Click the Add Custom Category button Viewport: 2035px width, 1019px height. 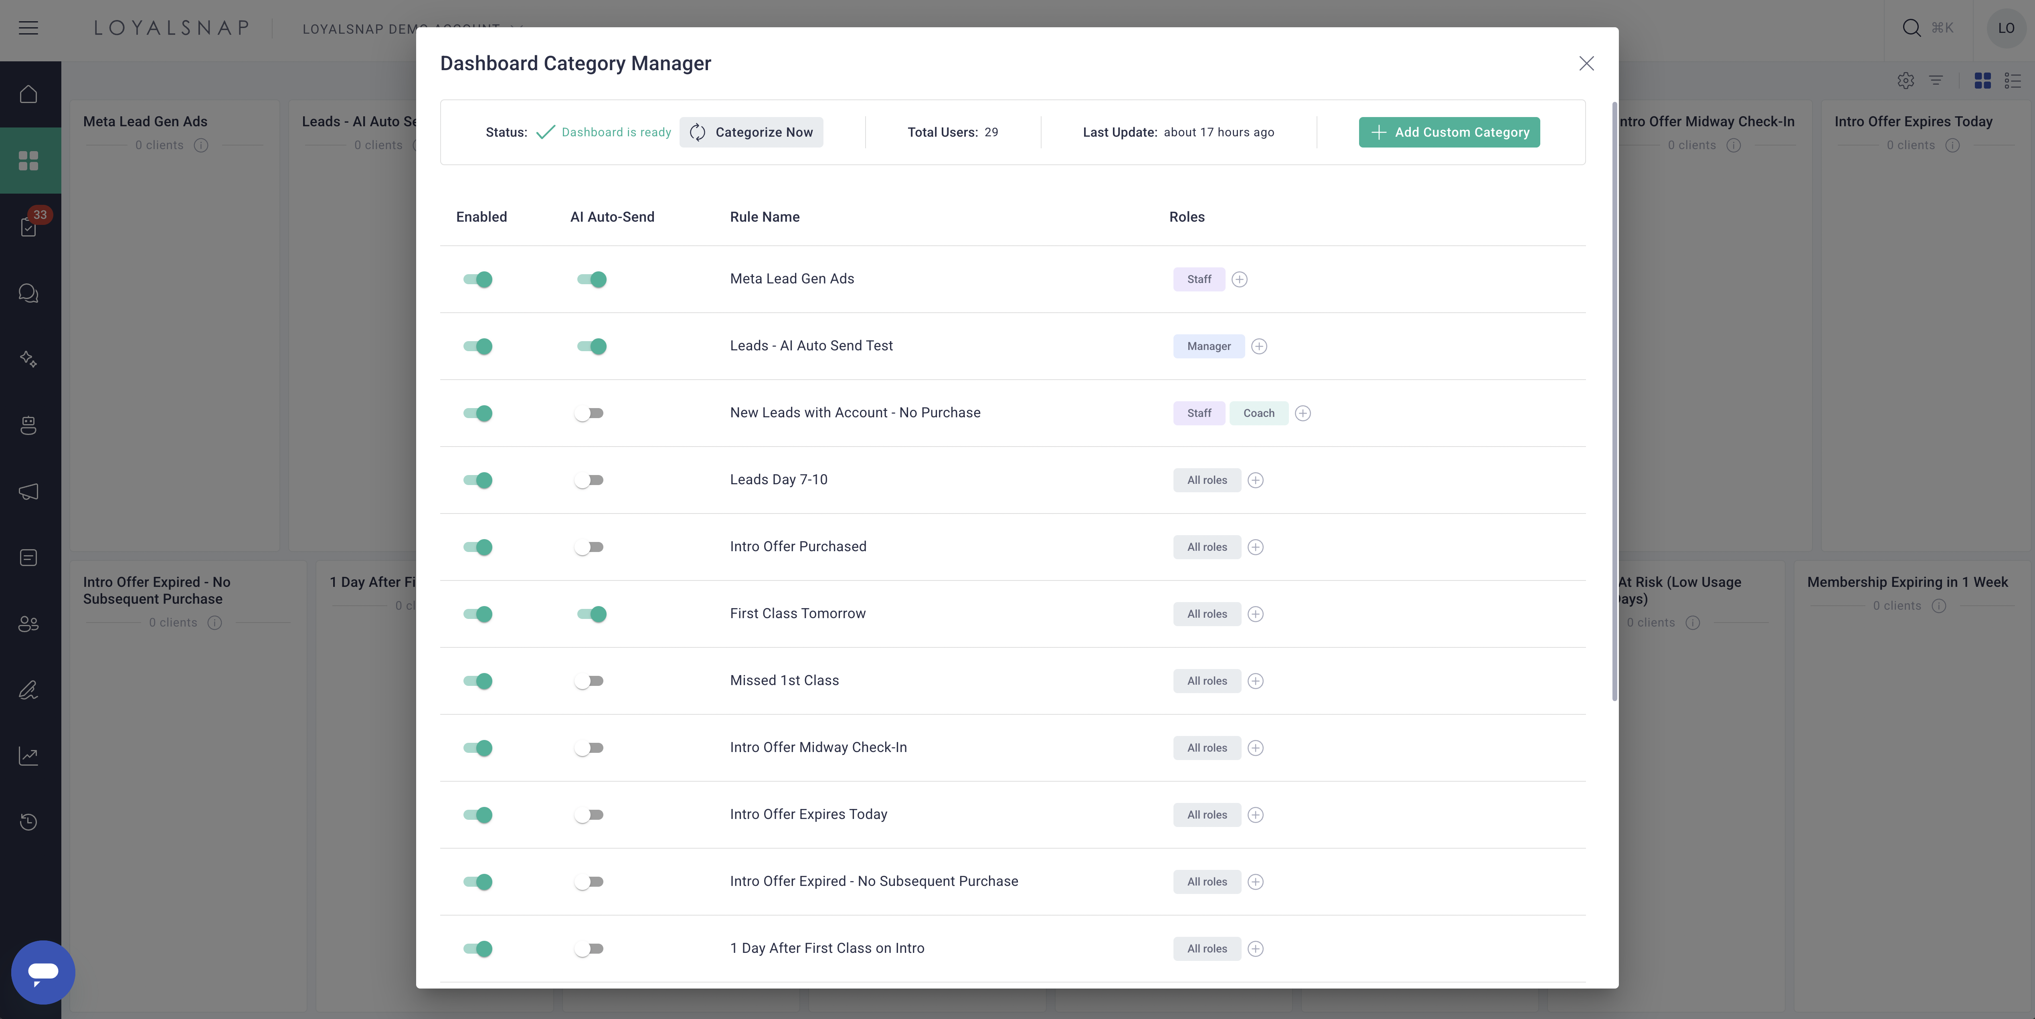tap(1449, 132)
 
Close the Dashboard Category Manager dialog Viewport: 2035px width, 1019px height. tap(1586, 63)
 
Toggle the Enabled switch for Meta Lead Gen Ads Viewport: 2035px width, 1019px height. tap(478, 279)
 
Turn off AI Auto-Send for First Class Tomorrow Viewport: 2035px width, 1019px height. tap(592, 614)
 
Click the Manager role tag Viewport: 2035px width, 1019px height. tap(1209, 346)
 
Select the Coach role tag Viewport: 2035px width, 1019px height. tap(1258, 413)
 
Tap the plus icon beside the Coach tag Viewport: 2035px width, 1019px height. tap(1303, 413)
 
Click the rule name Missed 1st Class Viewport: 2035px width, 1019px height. tap(785, 680)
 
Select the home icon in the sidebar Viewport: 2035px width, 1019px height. tap(28, 94)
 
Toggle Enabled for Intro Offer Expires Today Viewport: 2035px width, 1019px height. tap(478, 815)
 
